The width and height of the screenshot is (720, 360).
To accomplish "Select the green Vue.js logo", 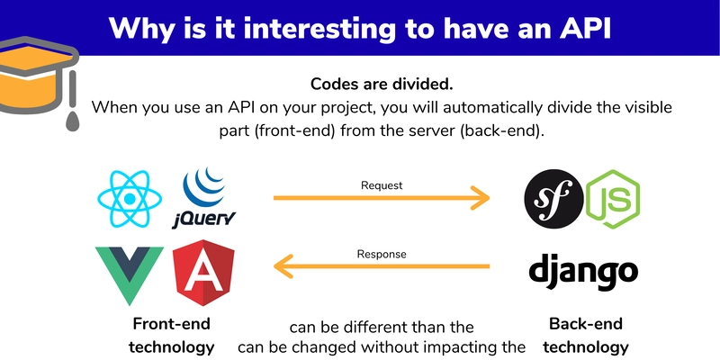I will tap(129, 273).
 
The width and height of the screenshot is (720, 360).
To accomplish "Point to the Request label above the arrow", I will tap(381, 185).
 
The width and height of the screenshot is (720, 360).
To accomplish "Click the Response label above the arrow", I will tap(381, 254).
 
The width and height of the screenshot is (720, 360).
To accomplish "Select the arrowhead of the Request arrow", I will tap(481, 199).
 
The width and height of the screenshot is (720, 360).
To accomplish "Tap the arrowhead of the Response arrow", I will tap(283, 266).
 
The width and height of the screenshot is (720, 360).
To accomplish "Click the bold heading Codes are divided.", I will tap(381, 84).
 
